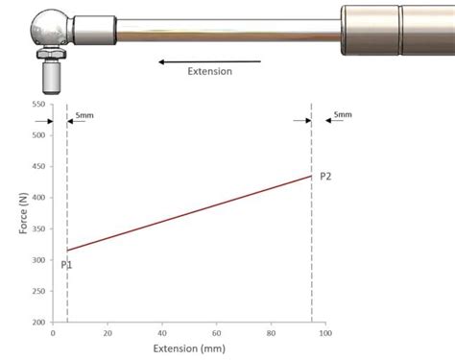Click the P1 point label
[66, 264]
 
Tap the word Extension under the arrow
[210, 72]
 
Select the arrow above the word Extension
[208, 61]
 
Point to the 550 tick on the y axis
[37, 104]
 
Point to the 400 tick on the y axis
[37, 198]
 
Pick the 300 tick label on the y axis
[37, 260]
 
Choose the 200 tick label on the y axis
[37, 323]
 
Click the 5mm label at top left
[84, 115]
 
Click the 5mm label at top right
[342, 115]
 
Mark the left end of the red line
[67, 251]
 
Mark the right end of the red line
[311, 176]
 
